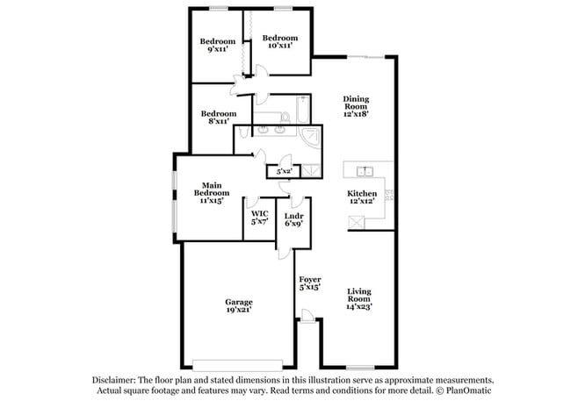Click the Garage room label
coord(238,301)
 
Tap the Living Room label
coord(360,296)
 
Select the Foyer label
coord(307,280)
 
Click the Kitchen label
coord(362,193)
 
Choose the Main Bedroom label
coord(212,185)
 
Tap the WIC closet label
coord(259,213)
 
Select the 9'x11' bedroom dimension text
coord(217,51)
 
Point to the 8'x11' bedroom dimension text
coord(218,122)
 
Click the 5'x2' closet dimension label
coord(284,171)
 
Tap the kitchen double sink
coord(365,170)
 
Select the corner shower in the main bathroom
coord(310,136)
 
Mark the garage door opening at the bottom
coord(238,363)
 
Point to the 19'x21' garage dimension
coord(238,310)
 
